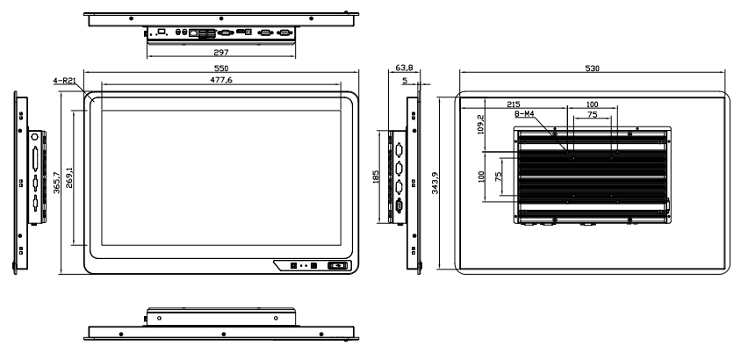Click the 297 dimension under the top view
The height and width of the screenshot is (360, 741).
[221, 53]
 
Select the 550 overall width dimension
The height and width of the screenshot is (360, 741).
[221, 68]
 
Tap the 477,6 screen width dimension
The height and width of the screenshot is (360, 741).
[221, 80]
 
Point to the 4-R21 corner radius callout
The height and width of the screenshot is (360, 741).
[65, 81]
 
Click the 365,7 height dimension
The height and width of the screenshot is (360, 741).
[57, 183]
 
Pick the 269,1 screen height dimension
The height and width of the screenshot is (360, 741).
[69, 177]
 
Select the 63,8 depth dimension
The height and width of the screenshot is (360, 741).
[404, 68]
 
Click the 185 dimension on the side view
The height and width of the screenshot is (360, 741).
[376, 177]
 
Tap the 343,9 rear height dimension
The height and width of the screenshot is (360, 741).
[435, 183]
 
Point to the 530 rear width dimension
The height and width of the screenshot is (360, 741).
[592, 68]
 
